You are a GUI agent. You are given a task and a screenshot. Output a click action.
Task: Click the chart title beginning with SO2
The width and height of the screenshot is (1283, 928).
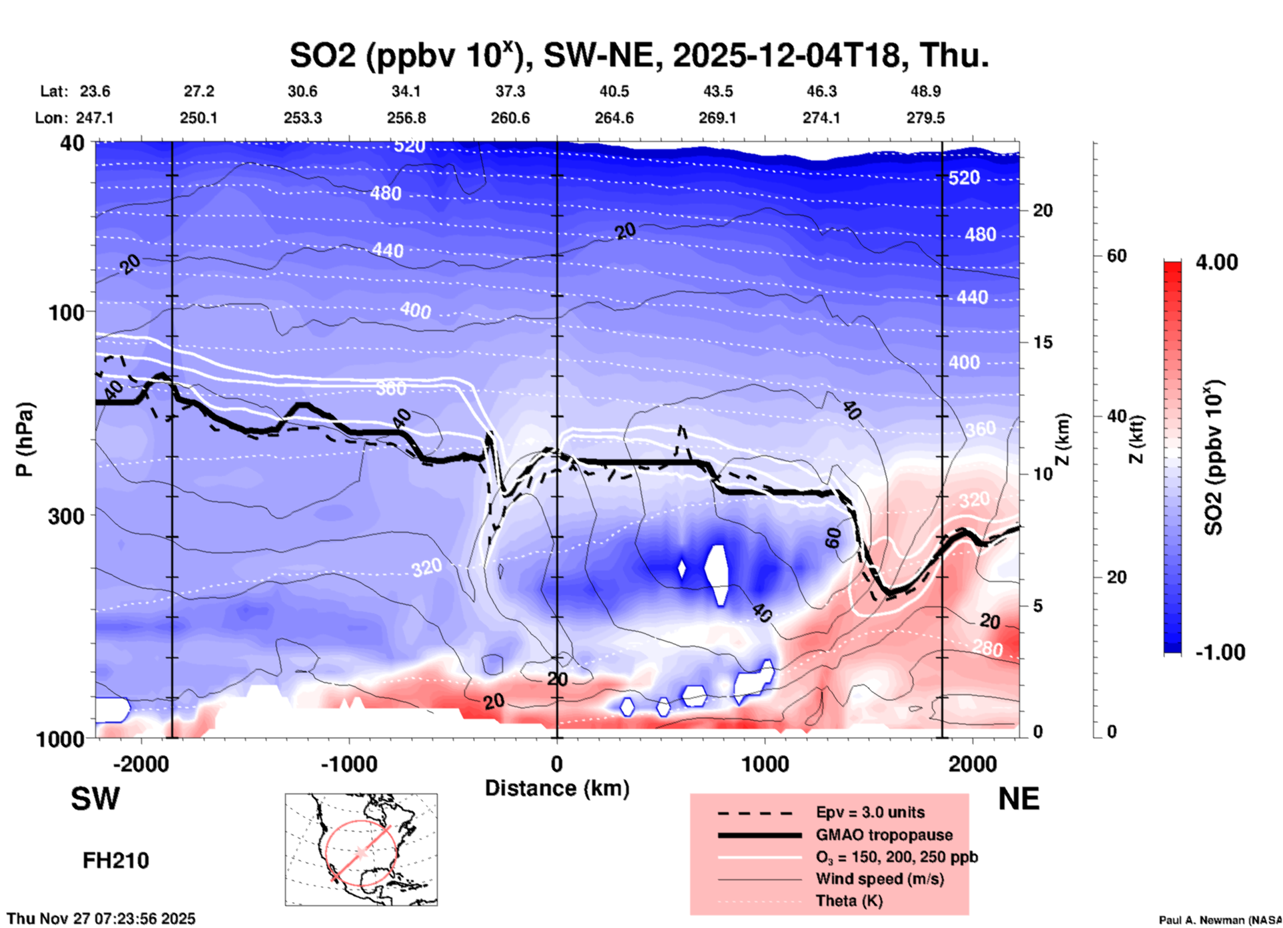638,55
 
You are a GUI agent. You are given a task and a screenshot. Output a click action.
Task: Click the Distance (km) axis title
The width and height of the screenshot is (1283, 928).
557,788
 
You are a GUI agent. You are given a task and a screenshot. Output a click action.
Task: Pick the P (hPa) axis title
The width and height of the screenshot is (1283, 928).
25,439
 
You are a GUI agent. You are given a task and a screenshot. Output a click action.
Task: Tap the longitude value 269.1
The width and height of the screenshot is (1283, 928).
717,118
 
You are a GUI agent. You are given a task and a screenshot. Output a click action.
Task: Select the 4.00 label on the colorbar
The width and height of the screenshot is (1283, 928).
1216,262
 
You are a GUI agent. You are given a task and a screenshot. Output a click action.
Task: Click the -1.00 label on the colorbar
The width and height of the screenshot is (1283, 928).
1219,652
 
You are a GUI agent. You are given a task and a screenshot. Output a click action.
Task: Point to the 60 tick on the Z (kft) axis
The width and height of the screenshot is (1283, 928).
1116,256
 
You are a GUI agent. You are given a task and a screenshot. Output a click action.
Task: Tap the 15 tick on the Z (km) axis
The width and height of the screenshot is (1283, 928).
1043,342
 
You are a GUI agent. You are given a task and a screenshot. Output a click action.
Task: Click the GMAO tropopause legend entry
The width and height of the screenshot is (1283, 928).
884,835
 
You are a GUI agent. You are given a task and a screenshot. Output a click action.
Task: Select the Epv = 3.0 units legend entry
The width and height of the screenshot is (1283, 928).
870,812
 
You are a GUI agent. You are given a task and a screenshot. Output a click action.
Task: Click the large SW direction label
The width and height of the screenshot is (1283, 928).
95,799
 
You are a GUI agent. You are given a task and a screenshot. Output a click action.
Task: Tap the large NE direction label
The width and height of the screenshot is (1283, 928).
1019,799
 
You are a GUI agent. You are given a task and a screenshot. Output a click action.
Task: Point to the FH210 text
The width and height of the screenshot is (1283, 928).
116,861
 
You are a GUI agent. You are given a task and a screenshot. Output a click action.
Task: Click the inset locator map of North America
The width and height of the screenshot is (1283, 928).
361,849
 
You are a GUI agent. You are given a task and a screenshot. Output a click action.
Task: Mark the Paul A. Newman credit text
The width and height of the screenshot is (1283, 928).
1220,920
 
